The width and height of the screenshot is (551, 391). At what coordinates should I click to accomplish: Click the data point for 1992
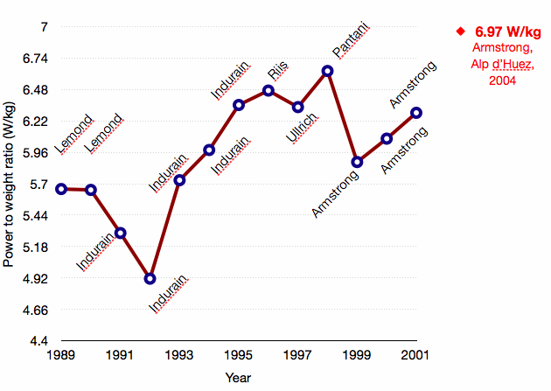point(150,278)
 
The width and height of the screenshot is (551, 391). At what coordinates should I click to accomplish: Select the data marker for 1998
point(327,71)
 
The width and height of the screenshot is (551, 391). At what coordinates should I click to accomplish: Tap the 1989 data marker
point(61,188)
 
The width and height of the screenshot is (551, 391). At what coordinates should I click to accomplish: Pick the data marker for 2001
point(416,113)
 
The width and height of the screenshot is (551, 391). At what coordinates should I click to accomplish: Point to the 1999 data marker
point(357,162)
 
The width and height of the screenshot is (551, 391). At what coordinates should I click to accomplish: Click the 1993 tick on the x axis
point(179,356)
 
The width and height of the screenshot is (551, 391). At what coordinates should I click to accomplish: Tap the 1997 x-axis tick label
point(297,356)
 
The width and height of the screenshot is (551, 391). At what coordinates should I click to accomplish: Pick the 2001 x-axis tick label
point(416,356)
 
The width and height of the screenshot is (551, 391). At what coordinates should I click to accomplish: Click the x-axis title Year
point(238,378)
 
